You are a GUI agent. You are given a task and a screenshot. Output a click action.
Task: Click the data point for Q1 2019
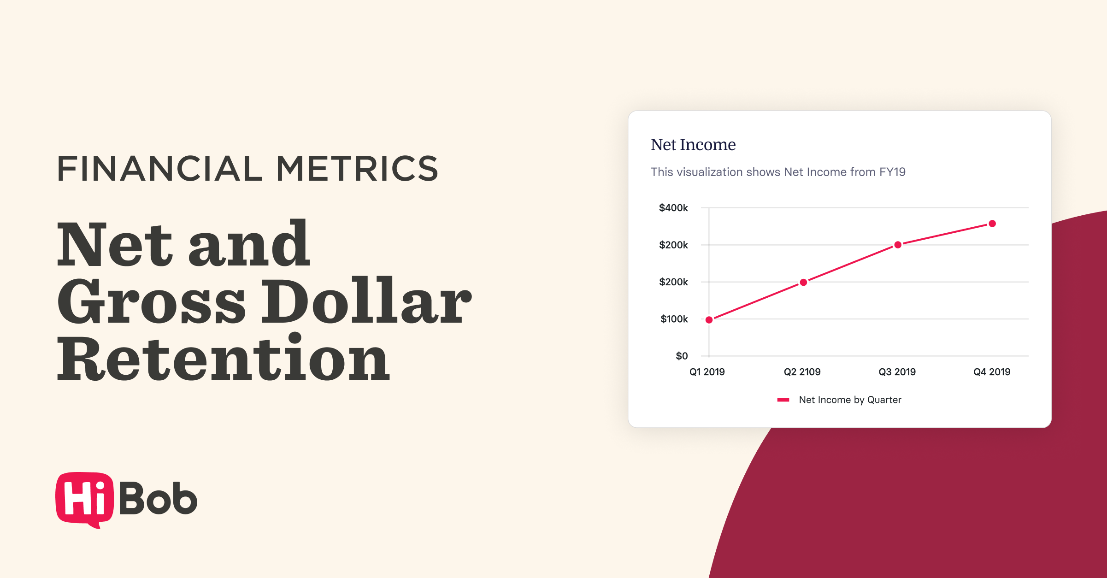click(x=709, y=320)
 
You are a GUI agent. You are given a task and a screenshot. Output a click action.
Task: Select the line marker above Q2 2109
click(x=803, y=283)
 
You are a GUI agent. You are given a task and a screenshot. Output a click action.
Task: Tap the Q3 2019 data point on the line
click(x=898, y=245)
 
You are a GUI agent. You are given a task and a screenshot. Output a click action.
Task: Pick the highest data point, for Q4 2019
click(x=992, y=224)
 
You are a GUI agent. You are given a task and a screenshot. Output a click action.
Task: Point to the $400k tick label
click(x=673, y=208)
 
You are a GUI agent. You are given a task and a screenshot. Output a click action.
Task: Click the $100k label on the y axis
click(x=674, y=319)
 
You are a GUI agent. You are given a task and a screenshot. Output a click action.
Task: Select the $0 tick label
click(x=682, y=356)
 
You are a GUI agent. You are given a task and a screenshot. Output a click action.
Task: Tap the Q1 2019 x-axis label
click(x=707, y=372)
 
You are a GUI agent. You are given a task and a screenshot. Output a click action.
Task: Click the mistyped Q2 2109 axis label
click(x=802, y=372)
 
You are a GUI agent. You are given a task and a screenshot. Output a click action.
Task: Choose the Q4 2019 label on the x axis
click(x=992, y=372)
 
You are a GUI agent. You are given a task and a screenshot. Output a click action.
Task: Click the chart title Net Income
click(x=693, y=145)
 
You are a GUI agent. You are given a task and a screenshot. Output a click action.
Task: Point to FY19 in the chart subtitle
click(x=892, y=172)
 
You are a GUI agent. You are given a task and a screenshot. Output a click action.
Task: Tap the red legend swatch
click(x=783, y=400)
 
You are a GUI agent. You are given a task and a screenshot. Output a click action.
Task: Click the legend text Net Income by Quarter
click(x=850, y=400)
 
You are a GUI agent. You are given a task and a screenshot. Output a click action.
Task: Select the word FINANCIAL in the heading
click(x=159, y=169)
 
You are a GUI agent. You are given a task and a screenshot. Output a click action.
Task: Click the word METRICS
click(x=357, y=169)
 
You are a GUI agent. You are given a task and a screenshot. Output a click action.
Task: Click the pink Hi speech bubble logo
click(x=84, y=499)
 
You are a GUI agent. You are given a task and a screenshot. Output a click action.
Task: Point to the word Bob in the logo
click(x=158, y=499)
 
